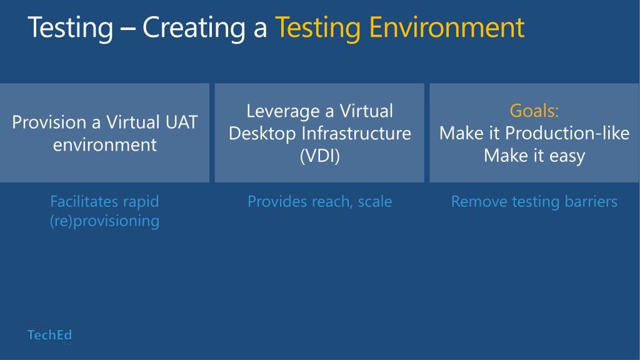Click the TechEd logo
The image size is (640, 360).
49,336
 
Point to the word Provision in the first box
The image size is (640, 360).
48,122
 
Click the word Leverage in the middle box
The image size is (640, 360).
284,111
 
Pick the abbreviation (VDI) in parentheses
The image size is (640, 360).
319,156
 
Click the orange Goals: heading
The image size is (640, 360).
534,111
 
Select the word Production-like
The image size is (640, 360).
567,133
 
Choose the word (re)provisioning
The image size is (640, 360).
104,221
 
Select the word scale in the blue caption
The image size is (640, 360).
375,202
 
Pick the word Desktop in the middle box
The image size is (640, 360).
262,133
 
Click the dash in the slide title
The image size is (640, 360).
128,29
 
